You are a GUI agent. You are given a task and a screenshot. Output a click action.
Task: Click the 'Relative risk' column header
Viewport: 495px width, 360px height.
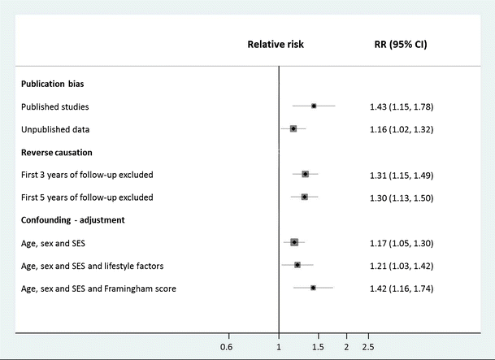click(x=276, y=45)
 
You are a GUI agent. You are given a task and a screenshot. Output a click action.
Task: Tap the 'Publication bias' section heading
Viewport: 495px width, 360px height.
click(x=53, y=84)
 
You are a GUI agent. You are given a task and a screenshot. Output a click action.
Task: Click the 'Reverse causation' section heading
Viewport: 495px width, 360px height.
click(x=56, y=152)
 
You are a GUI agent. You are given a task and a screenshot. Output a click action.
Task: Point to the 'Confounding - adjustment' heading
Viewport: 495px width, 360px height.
click(x=74, y=219)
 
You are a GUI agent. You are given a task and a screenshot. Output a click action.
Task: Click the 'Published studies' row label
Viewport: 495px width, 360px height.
click(x=54, y=106)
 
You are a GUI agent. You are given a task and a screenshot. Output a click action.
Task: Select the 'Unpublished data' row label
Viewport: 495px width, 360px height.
click(x=55, y=129)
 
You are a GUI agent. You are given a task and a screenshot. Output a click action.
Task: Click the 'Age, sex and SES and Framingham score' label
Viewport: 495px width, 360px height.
click(x=99, y=288)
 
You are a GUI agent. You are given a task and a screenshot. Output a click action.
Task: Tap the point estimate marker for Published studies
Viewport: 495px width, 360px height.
click(x=314, y=106)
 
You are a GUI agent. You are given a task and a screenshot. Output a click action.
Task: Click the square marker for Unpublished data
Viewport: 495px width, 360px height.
click(x=293, y=128)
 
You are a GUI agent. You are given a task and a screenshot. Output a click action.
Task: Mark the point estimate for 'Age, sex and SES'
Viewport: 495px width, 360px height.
click(x=294, y=241)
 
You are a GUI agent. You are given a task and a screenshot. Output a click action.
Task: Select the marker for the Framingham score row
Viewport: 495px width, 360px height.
click(x=313, y=287)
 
